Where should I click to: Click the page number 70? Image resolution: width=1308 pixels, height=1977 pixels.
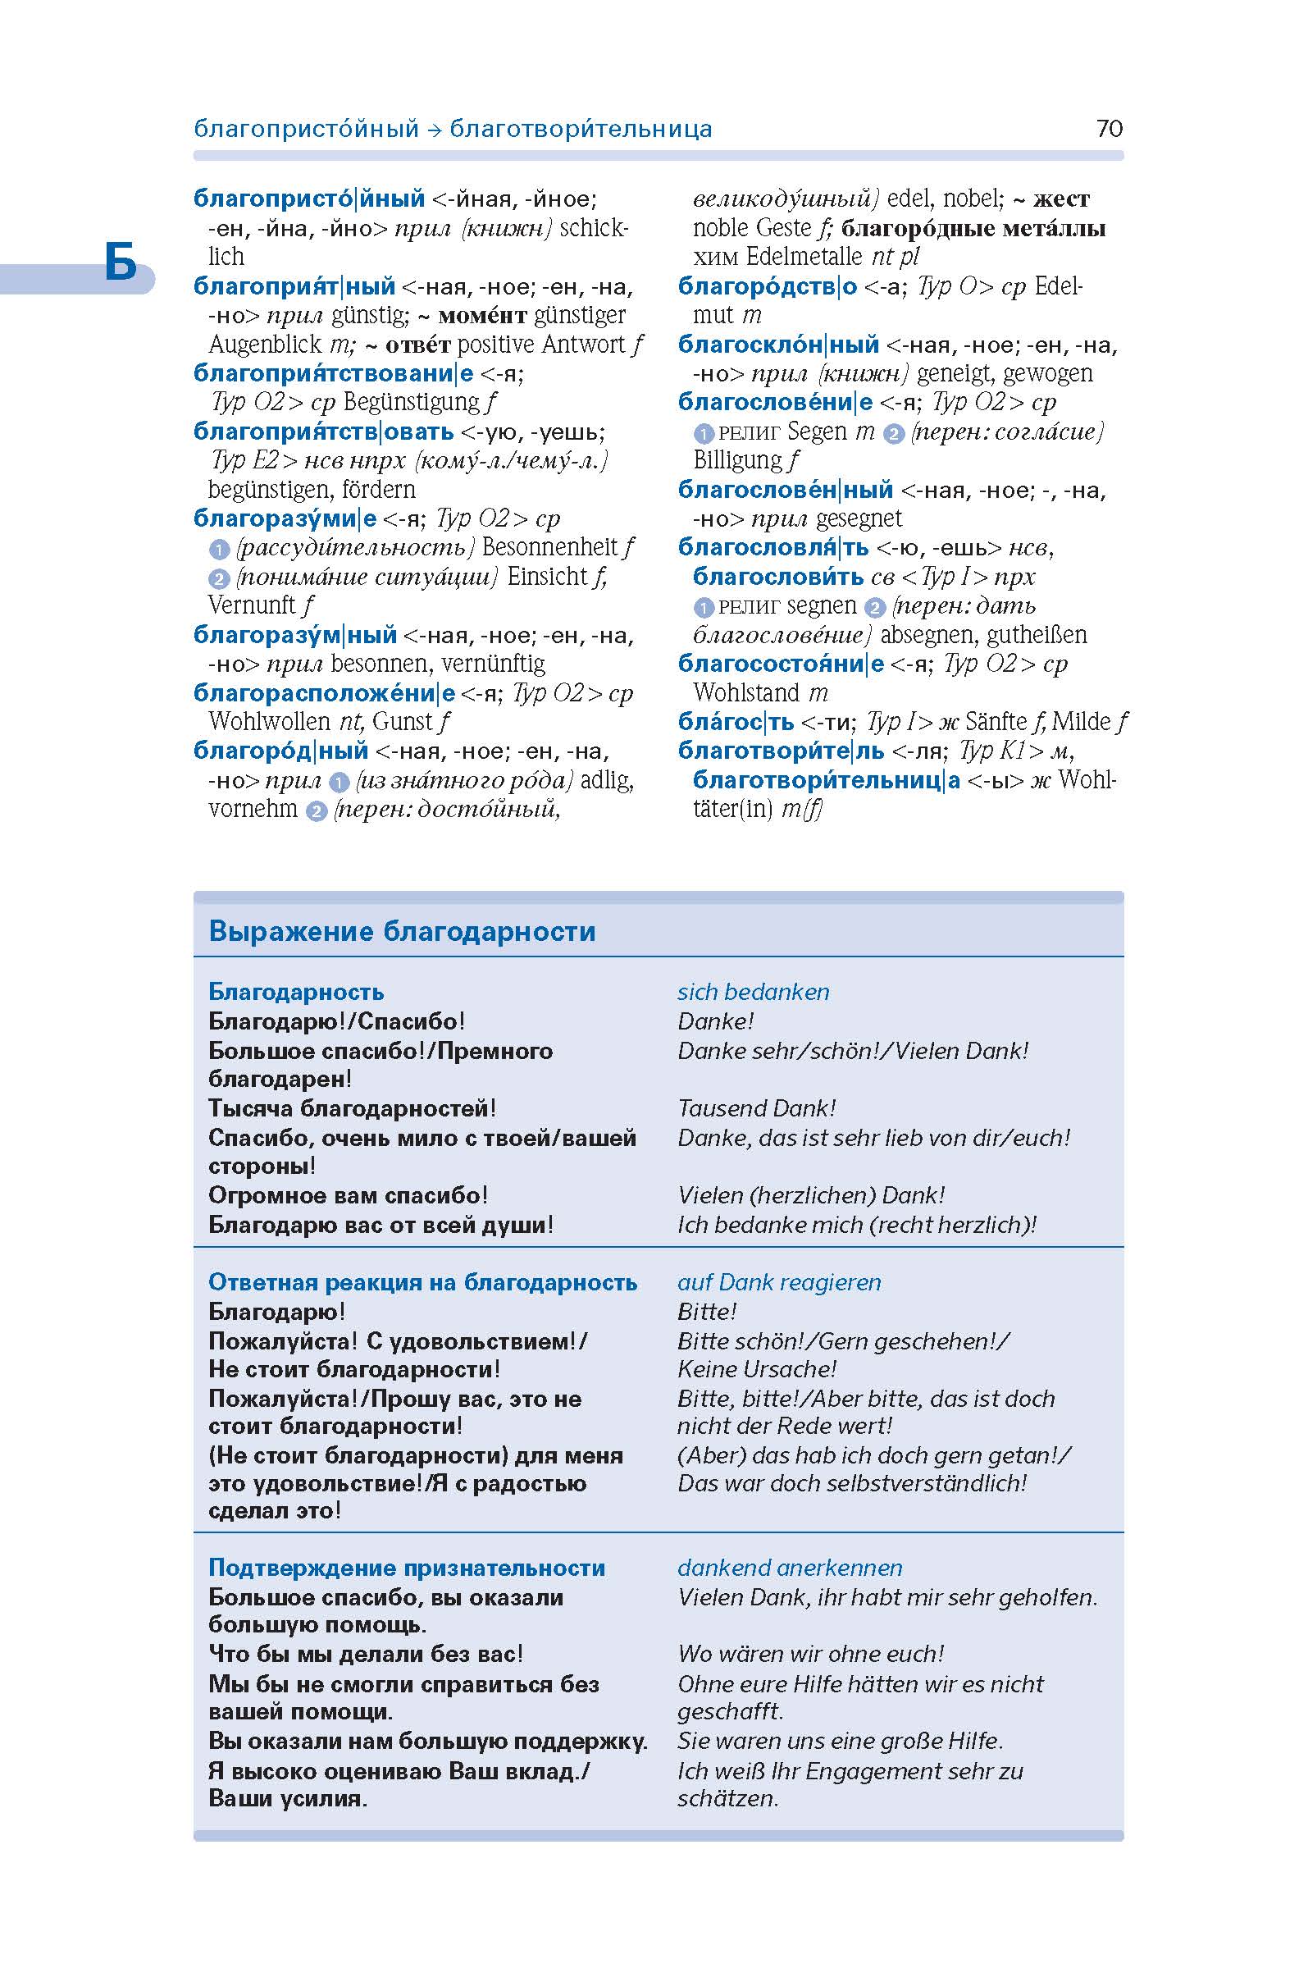coord(1109,129)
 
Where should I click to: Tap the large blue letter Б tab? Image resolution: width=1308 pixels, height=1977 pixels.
coord(121,263)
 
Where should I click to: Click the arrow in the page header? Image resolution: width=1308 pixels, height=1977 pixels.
coord(433,130)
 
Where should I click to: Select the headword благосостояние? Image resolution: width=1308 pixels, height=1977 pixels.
coord(780,664)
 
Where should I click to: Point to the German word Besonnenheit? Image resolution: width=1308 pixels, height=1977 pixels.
coord(550,547)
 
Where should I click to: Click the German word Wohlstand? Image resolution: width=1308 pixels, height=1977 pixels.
coord(746,692)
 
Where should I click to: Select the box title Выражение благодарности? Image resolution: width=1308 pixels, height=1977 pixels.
coord(402,930)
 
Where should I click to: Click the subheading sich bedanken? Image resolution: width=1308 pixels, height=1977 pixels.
coord(754,992)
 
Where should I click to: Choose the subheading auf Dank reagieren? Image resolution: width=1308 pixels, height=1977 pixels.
coord(778,1282)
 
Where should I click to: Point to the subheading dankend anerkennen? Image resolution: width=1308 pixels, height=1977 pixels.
coord(789,1568)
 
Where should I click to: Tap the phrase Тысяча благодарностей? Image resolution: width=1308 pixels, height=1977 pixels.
coord(352,1108)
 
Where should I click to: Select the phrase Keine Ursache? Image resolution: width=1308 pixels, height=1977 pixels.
coord(756,1368)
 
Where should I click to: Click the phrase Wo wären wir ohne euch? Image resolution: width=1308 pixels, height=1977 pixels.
coord(810,1653)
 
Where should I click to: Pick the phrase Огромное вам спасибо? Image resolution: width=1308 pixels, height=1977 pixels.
coord(348,1195)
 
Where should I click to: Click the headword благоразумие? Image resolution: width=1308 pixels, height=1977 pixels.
coord(285,518)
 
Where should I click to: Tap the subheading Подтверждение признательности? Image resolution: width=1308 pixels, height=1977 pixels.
coord(406,1568)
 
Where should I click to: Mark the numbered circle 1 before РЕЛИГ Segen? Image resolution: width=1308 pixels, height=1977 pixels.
coord(704,434)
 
